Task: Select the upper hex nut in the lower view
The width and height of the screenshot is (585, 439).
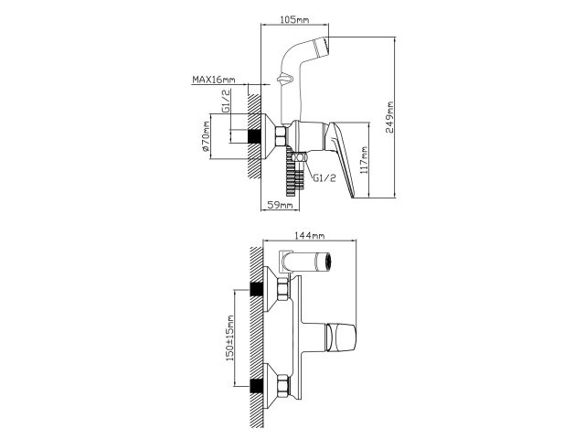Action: (x=281, y=291)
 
